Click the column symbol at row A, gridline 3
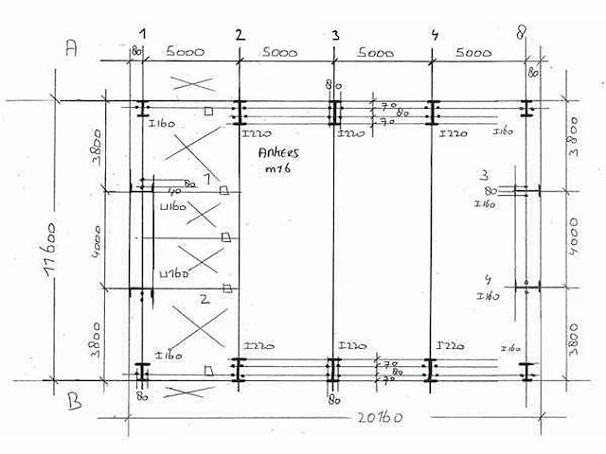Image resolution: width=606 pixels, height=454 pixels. (333, 113)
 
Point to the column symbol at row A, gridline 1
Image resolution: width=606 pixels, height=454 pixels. (141, 111)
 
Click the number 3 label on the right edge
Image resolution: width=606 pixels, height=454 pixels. (485, 176)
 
